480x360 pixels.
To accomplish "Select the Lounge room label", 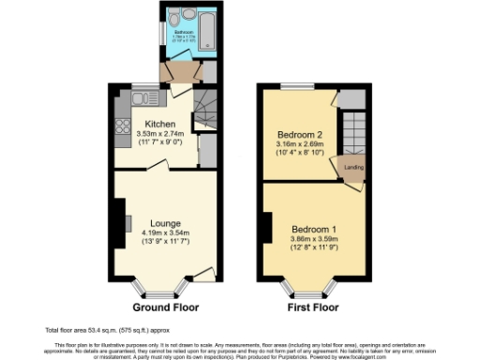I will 165,224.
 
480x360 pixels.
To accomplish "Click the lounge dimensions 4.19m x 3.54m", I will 165,233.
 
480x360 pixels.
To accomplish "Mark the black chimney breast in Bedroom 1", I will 267,226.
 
